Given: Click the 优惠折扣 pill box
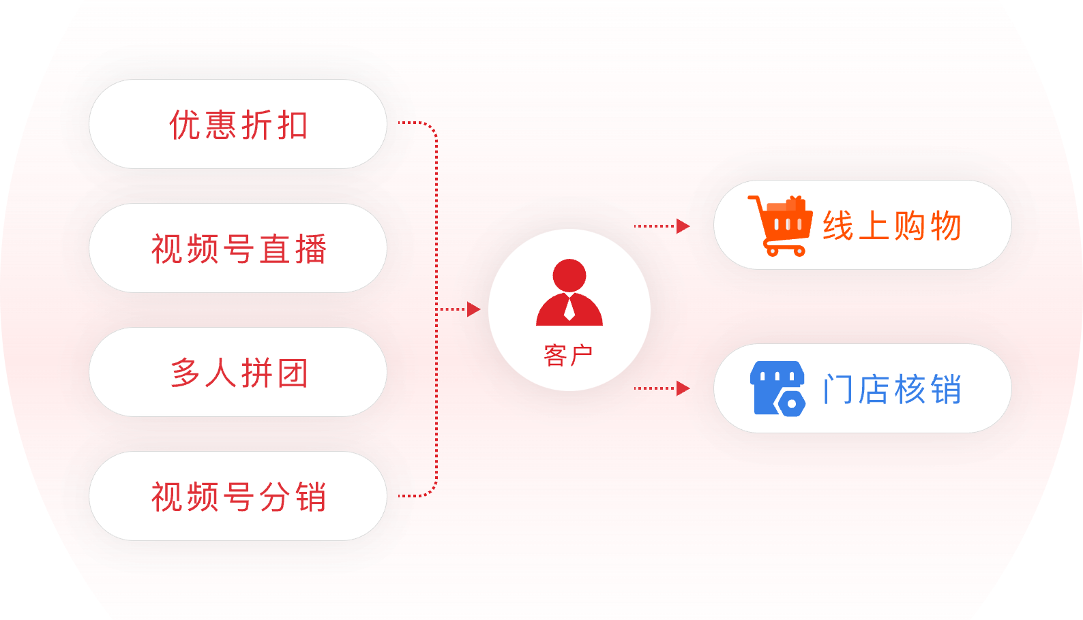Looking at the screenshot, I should tap(238, 124).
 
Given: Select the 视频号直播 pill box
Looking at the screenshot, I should tap(238, 248).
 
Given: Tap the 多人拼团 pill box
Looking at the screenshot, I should tap(238, 372).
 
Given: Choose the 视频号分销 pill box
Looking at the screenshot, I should tap(238, 496).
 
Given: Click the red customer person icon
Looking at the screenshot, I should tap(569, 293).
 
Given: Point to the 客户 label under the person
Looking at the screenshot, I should tap(569, 355).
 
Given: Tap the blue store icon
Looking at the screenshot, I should tap(778, 388).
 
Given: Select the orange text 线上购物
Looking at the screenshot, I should tap(892, 226).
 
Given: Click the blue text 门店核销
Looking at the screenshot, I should tap(892, 389).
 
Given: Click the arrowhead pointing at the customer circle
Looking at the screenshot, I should tap(473, 309).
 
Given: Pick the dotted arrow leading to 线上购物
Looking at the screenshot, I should tap(662, 226).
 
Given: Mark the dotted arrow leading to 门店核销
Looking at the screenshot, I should tap(662, 388).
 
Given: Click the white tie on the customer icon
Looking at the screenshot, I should tap(569, 310).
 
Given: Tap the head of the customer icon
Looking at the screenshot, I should tap(569, 275).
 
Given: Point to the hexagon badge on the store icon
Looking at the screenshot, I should tap(792, 403).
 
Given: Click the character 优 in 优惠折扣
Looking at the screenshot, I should tap(184, 125).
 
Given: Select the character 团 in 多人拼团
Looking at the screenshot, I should tap(293, 373).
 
